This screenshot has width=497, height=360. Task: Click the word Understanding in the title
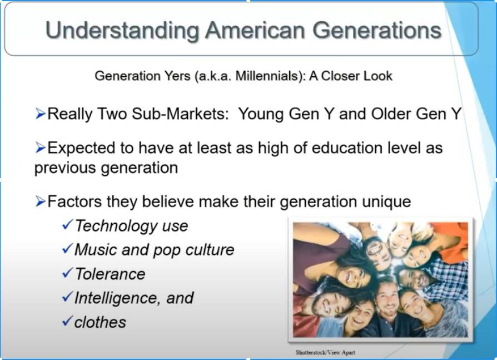[122, 31]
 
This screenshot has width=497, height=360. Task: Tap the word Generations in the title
[376, 30]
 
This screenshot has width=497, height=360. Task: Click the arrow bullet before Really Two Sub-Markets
[40, 114]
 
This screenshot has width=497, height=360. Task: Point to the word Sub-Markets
[180, 114]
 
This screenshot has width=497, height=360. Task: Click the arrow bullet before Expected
[40, 147]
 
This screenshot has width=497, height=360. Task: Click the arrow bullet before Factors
[40, 201]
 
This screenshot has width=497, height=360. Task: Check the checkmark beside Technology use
[68, 224]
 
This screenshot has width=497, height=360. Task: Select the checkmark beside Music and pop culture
[68, 248]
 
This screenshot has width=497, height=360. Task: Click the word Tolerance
[110, 274]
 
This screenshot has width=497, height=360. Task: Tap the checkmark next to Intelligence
[68, 296]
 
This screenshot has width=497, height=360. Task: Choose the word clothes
[100, 322]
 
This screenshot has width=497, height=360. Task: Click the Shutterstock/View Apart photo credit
[325, 352]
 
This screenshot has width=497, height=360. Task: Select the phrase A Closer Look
[351, 76]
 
